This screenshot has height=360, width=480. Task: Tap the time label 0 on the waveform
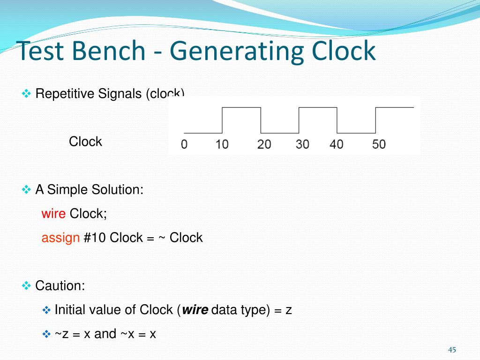(x=184, y=144)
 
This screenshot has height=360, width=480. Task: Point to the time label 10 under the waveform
(x=222, y=144)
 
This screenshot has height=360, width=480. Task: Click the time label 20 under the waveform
(x=264, y=144)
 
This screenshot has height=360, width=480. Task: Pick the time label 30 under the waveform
(x=302, y=144)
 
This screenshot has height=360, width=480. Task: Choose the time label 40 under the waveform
(x=337, y=144)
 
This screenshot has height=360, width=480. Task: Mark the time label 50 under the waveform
(x=379, y=144)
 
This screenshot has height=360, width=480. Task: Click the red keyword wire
(x=53, y=214)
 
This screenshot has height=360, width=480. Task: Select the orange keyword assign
(x=60, y=238)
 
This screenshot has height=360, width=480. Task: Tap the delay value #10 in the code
(x=95, y=238)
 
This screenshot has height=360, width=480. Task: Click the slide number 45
(x=452, y=350)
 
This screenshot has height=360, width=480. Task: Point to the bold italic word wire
(x=195, y=310)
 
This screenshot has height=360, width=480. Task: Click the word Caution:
(x=60, y=285)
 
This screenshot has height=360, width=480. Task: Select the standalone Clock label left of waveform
(x=85, y=142)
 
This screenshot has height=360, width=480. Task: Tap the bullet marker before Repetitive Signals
(x=26, y=94)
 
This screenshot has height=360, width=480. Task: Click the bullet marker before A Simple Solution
(x=26, y=190)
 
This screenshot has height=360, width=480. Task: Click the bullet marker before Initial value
(x=46, y=310)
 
